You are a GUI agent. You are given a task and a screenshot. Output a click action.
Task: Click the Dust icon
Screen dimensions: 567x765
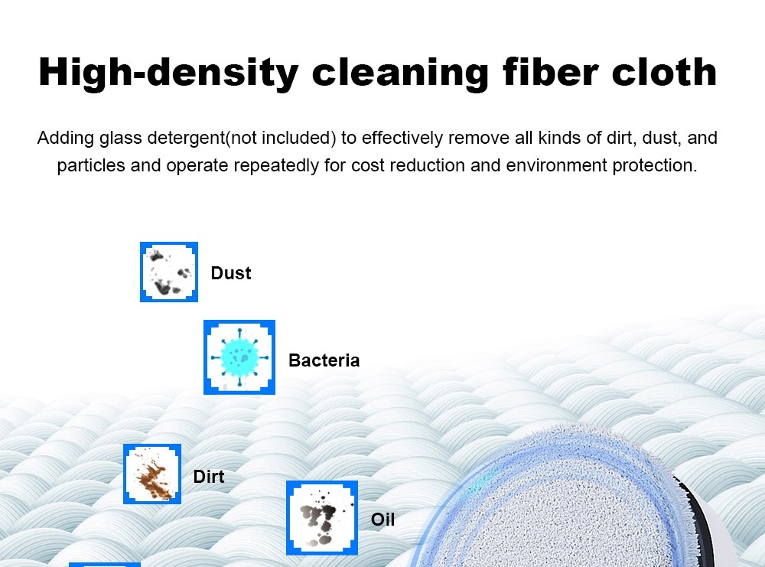(x=169, y=272)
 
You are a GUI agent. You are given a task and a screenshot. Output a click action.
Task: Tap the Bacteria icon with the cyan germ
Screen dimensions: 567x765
(x=239, y=357)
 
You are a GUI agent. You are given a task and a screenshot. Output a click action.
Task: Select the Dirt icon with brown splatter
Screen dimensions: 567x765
(x=152, y=474)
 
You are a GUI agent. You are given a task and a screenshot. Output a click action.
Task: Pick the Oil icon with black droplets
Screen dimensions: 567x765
(x=322, y=518)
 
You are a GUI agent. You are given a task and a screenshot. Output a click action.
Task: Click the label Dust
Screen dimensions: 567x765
(x=231, y=273)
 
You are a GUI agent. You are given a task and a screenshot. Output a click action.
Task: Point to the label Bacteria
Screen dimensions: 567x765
(x=324, y=360)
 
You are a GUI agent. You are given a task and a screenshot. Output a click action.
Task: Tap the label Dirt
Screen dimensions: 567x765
(x=209, y=477)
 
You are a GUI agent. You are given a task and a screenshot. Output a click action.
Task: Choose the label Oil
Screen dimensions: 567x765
(x=382, y=520)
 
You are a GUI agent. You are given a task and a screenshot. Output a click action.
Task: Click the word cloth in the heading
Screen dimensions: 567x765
(x=662, y=73)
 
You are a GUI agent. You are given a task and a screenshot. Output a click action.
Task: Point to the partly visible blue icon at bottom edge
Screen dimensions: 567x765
(x=105, y=564)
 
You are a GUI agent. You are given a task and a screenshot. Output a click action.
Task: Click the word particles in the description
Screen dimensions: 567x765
(x=91, y=166)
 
